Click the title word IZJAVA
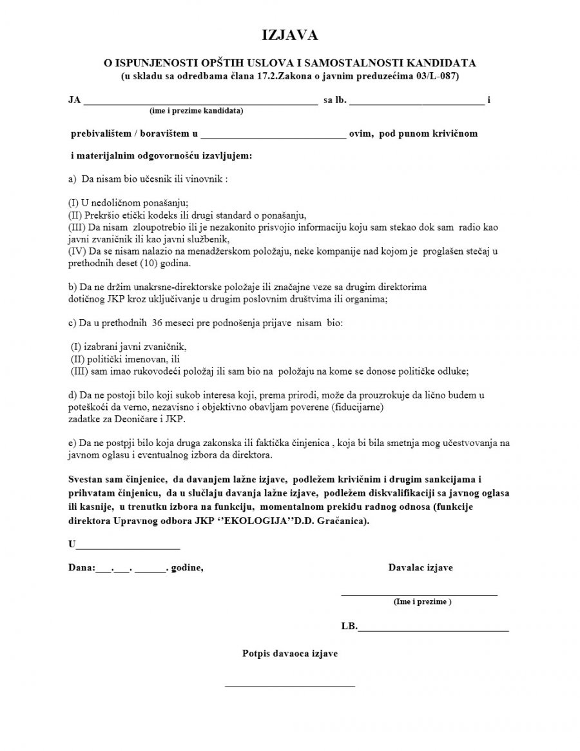(289, 35)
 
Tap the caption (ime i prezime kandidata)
(196, 111)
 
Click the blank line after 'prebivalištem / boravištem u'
(273, 137)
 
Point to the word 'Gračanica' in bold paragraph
(347, 520)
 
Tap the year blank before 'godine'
(150, 571)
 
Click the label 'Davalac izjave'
(420, 567)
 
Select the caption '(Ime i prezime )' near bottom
(422, 601)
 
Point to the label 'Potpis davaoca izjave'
(290, 654)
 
